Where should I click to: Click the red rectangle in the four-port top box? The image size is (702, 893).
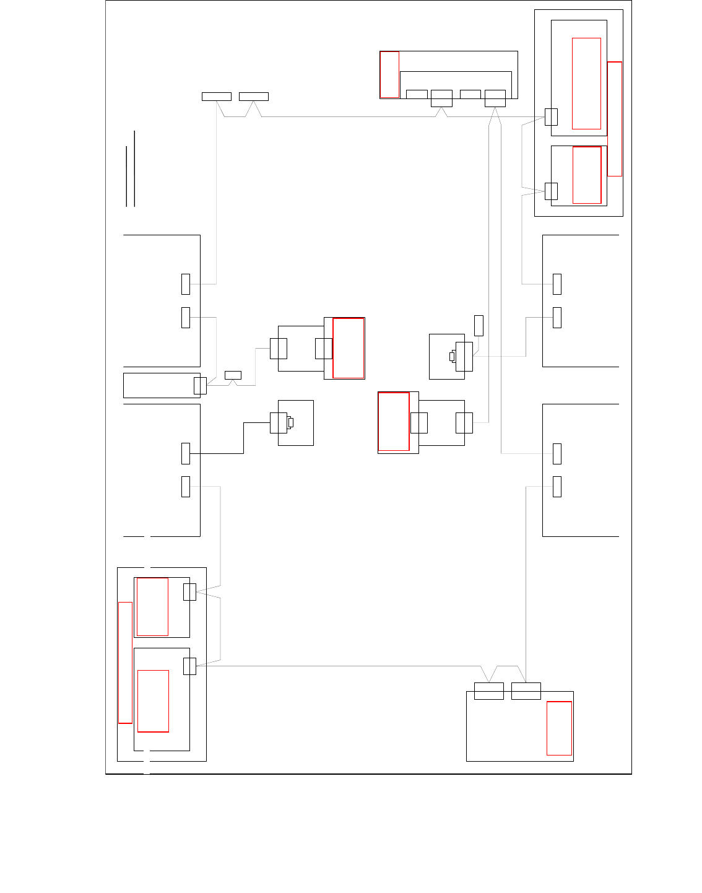click(x=389, y=74)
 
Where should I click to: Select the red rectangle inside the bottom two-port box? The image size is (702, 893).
click(x=559, y=728)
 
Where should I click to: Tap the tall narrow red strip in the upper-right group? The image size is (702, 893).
click(x=615, y=119)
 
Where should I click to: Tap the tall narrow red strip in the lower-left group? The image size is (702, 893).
click(x=125, y=662)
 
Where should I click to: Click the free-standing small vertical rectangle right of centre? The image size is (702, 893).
click(x=479, y=325)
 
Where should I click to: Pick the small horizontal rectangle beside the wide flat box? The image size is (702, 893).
click(x=233, y=375)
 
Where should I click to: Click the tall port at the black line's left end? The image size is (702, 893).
click(x=186, y=453)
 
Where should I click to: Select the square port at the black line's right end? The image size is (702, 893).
click(x=279, y=423)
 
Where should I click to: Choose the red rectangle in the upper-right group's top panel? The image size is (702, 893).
click(x=586, y=84)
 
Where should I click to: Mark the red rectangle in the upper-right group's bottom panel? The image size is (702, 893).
click(x=587, y=175)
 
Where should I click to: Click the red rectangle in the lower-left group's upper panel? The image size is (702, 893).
click(x=152, y=607)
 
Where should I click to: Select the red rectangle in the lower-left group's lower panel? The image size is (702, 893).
click(x=153, y=701)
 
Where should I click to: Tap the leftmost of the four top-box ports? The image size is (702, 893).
click(x=417, y=94)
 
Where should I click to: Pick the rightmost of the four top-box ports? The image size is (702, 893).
click(x=495, y=98)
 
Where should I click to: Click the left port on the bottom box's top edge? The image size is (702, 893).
click(x=489, y=690)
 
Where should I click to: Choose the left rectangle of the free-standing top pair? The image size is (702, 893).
click(x=217, y=96)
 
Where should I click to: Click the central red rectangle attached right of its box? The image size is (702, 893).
click(x=349, y=348)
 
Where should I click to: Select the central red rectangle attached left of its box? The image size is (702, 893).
click(x=394, y=422)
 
